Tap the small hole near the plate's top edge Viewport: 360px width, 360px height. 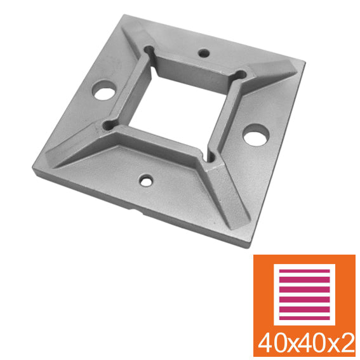tap(203, 53)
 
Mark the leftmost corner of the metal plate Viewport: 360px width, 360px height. tap(31, 170)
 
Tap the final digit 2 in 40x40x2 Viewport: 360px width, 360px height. tap(345, 343)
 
